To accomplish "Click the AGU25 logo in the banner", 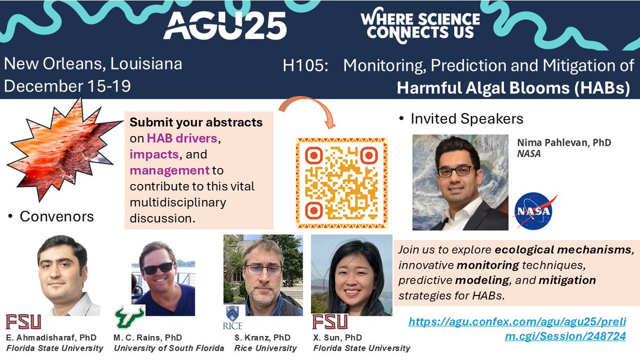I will click(x=225, y=26).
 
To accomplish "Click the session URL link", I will click(x=517, y=329).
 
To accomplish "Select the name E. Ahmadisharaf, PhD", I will click(x=47, y=338).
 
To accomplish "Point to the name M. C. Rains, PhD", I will click(x=148, y=338).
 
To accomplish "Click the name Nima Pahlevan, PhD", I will click(x=564, y=143).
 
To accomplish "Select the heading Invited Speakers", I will click(x=467, y=118).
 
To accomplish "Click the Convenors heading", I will click(x=56, y=217).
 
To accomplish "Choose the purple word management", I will click(x=169, y=171).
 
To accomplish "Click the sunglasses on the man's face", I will click(x=158, y=267).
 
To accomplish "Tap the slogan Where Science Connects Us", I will click(x=420, y=26).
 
